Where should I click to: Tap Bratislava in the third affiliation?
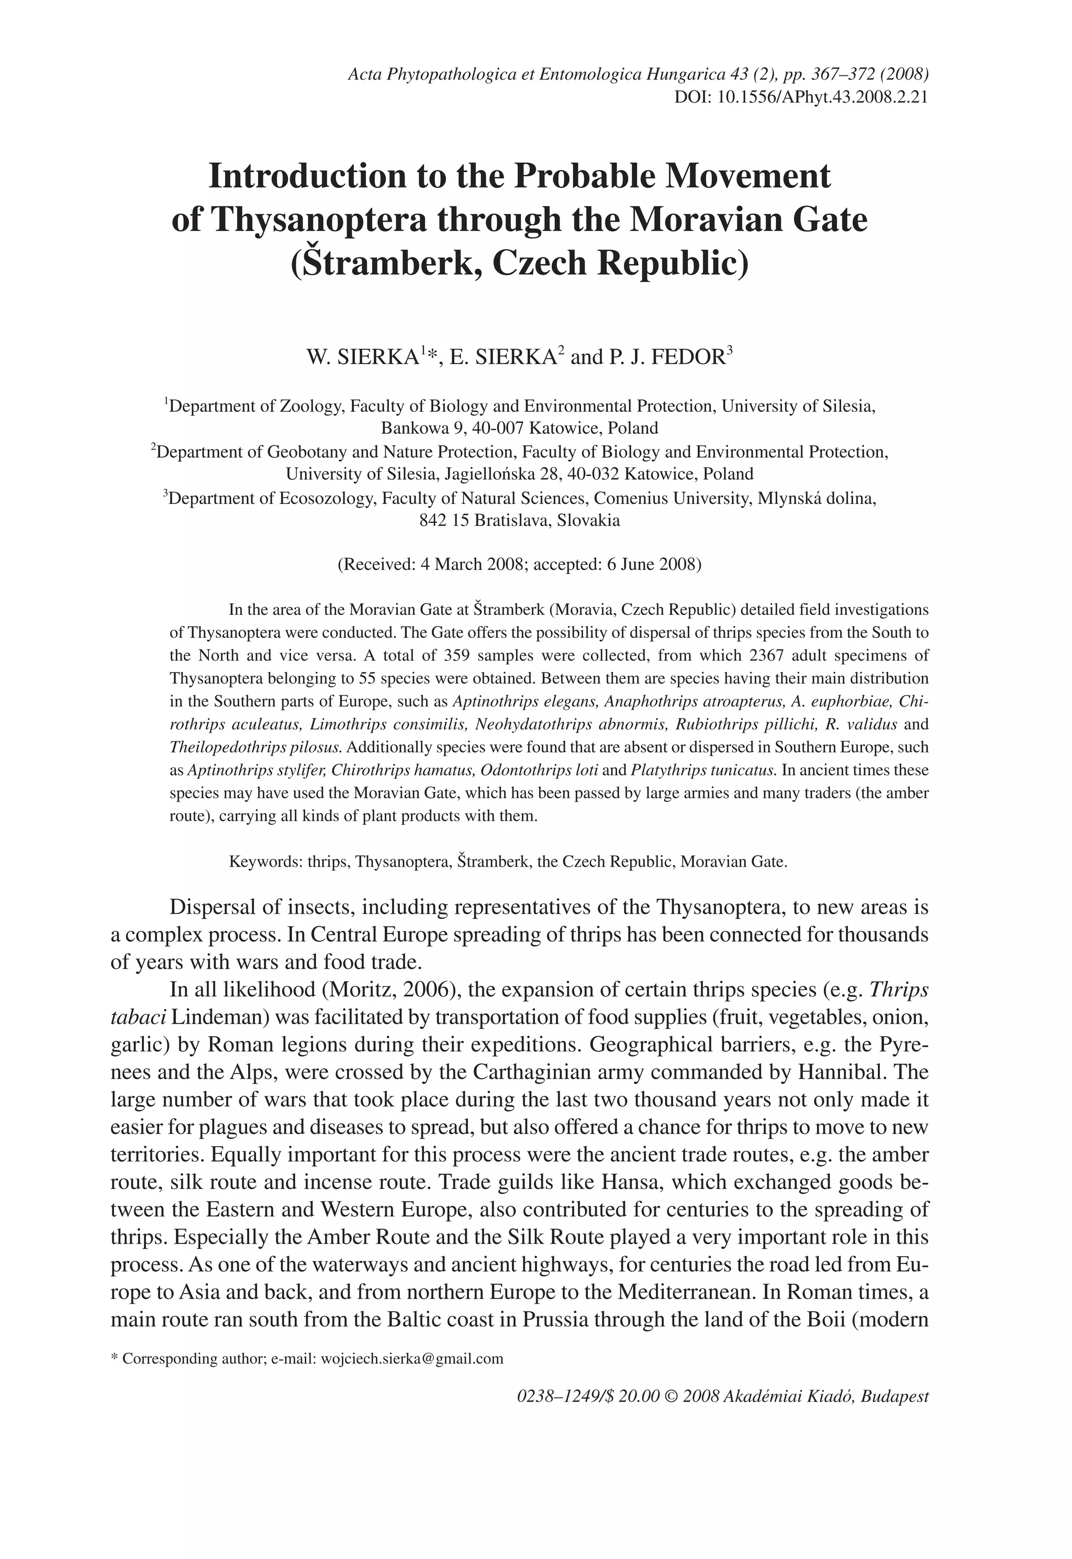tap(516, 520)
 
